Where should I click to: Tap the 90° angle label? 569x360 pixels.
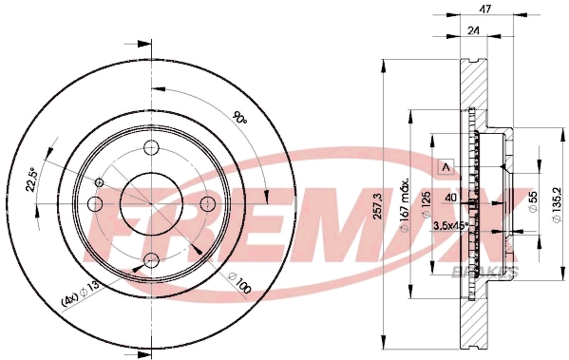[x=239, y=121]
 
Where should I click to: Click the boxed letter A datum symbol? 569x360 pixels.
[x=442, y=167]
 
